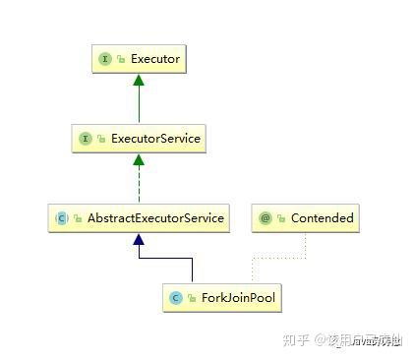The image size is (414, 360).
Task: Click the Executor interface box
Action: click(x=139, y=60)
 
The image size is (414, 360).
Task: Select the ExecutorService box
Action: click(x=139, y=139)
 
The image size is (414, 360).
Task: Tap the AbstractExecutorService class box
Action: click(x=139, y=217)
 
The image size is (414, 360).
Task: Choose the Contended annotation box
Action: click(x=304, y=217)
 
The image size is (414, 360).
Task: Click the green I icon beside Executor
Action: click(x=105, y=60)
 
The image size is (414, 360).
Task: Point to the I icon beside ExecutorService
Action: click(x=86, y=139)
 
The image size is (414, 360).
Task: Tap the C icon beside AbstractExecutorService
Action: click(x=61, y=217)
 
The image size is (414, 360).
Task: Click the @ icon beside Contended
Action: click(x=266, y=217)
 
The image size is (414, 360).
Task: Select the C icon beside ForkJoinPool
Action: click(x=176, y=297)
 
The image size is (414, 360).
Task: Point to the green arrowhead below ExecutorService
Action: click(x=139, y=159)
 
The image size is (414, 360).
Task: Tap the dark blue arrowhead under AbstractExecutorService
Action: click(x=139, y=239)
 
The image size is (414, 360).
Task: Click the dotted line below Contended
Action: click(x=305, y=246)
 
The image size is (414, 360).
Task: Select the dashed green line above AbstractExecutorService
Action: click(x=139, y=182)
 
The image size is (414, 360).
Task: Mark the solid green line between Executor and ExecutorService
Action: click(x=139, y=103)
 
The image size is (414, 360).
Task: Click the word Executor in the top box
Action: click(x=155, y=60)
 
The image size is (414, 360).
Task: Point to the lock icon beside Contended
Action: click(x=280, y=218)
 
